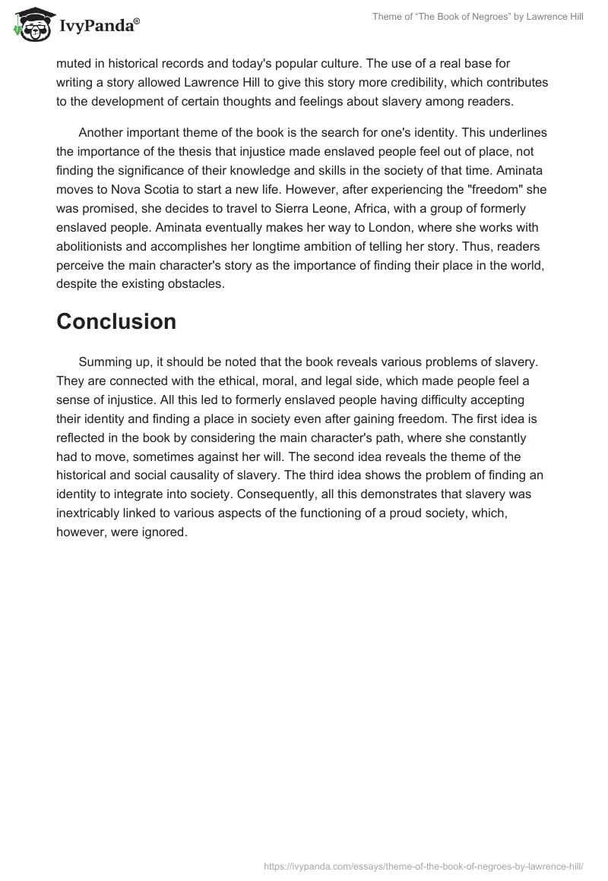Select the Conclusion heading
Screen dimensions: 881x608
116,321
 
